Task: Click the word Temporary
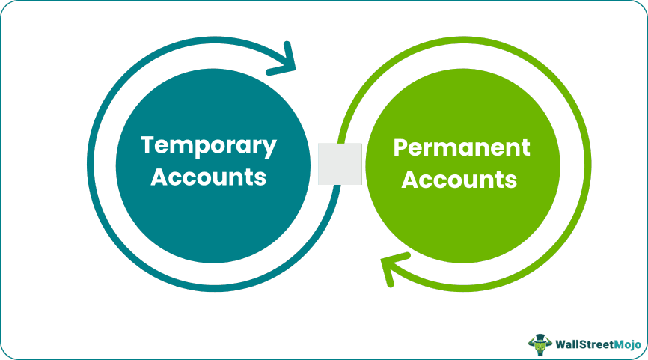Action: [x=208, y=146]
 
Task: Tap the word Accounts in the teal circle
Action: [x=209, y=177]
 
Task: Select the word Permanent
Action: [x=462, y=148]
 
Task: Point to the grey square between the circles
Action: [x=340, y=164]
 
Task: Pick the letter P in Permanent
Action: [x=400, y=147]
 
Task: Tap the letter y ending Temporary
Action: [x=269, y=148]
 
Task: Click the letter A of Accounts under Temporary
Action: [x=159, y=177]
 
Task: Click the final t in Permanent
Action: [x=525, y=148]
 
